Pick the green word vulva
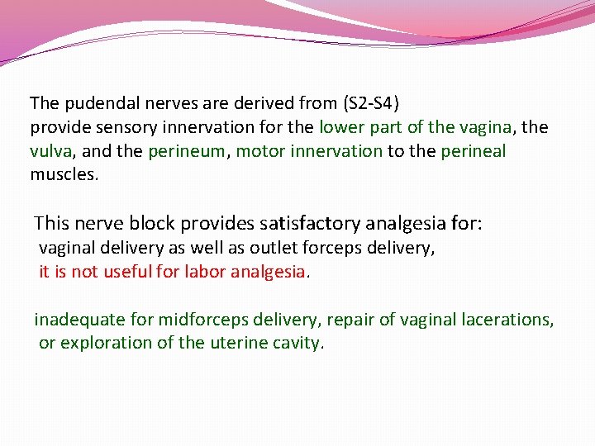(x=50, y=152)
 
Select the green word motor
(x=258, y=152)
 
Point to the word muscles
(x=63, y=175)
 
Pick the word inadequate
(x=74, y=320)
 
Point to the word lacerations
(x=509, y=320)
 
